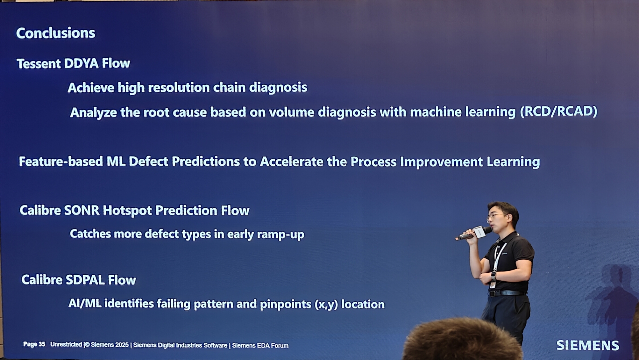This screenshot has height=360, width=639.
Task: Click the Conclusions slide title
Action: point(56,33)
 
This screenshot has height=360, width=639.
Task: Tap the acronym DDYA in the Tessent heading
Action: point(81,64)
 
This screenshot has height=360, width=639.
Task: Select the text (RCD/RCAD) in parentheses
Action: point(558,111)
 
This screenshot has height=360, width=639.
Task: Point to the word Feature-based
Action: point(61,162)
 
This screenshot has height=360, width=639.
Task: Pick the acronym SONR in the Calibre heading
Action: point(82,210)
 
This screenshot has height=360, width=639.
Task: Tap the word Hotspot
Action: point(127,210)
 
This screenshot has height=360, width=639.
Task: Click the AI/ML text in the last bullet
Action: point(85,303)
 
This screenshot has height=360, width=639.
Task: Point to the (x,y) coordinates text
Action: point(326,304)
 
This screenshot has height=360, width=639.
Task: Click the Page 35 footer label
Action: point(34,344)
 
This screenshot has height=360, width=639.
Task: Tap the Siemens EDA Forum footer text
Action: point(260,346)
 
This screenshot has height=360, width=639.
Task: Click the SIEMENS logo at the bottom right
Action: point(587,345)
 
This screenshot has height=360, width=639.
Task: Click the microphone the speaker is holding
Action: point(473,233)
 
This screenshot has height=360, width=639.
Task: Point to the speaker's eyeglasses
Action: point(496,216)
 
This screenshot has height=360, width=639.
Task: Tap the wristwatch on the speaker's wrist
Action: point(493,276)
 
